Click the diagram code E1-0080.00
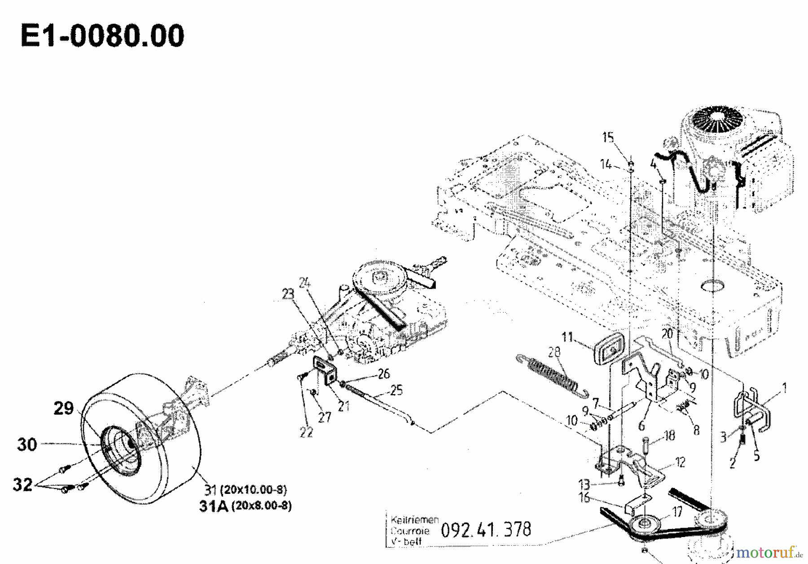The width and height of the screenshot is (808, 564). (102, 36)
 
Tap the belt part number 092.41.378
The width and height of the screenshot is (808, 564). (486, 529)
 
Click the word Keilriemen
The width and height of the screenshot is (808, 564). (414, 520)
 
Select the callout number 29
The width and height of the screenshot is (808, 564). (63, 408)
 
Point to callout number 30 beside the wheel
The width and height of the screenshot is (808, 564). (27, 444)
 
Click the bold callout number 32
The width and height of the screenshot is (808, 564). (22, 484)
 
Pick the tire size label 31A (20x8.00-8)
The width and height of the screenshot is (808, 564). (245, 506)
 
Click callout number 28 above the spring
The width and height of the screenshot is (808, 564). (554, 351)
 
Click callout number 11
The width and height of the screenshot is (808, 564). (567, 337)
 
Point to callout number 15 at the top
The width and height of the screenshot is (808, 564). (608, 137)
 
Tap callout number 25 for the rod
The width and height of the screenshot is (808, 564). (396, 390)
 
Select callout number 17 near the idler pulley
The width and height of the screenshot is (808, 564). (677, 512)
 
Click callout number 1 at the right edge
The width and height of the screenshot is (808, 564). (784, 388)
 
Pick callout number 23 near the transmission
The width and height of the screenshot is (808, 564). (288, 294)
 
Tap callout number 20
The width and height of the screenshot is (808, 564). (667, 334)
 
